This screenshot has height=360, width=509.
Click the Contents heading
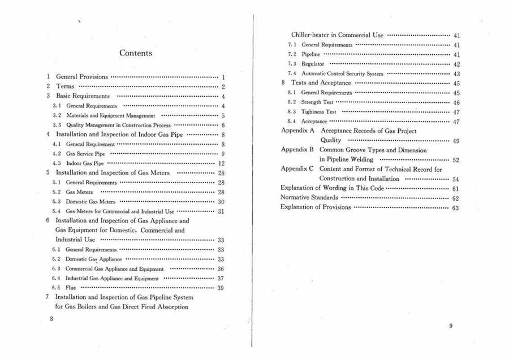click(x=136, y=53)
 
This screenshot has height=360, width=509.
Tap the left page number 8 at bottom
click(x=51, y=318)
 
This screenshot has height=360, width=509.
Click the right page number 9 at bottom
click(x=451, y=326)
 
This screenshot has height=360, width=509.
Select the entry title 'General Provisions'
click(x=82, y=77)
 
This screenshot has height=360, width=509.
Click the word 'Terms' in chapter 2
click(x=65, y=86)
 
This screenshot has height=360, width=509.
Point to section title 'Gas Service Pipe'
click(x=85, y=154)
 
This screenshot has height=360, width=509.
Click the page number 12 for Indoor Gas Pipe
click(x=222, y=163)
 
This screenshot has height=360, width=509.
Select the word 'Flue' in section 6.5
click(x=71, y=288)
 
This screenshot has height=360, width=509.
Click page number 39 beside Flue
click(x=221, y=288)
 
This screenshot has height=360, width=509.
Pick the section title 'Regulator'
click(x=313, y=64)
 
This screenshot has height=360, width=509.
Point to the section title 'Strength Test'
click(x=317, y=102)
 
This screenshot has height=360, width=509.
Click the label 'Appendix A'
click(x=297, y=131)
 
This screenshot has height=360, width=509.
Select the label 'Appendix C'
click(x=297, y=169)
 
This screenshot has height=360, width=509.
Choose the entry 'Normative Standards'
click(x=309, y=198)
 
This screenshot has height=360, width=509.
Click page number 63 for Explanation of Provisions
click(x=455, y=208)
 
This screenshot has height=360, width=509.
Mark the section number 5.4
click(x=57, y=211)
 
